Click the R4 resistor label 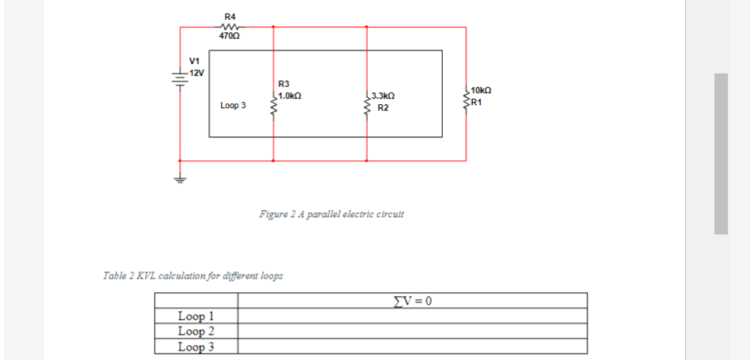point(230,16)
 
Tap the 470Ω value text point(230,36)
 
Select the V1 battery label point(194,61)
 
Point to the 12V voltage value point(196,73)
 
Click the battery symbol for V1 point(180,78)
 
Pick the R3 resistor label point(284,83)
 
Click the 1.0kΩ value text point(290,95)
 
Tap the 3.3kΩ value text point(383,96)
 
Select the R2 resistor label point(382,107)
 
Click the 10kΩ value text point(482,91)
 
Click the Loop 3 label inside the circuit point(233,105)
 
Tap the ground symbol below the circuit point(180,178)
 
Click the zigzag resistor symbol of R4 point(230,26)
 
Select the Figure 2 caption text point(332,214)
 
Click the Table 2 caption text point(193,276)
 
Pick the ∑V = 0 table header point(413,300)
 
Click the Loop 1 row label point(196,317)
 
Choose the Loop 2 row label point(196,331)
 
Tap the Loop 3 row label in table point(196,346)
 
